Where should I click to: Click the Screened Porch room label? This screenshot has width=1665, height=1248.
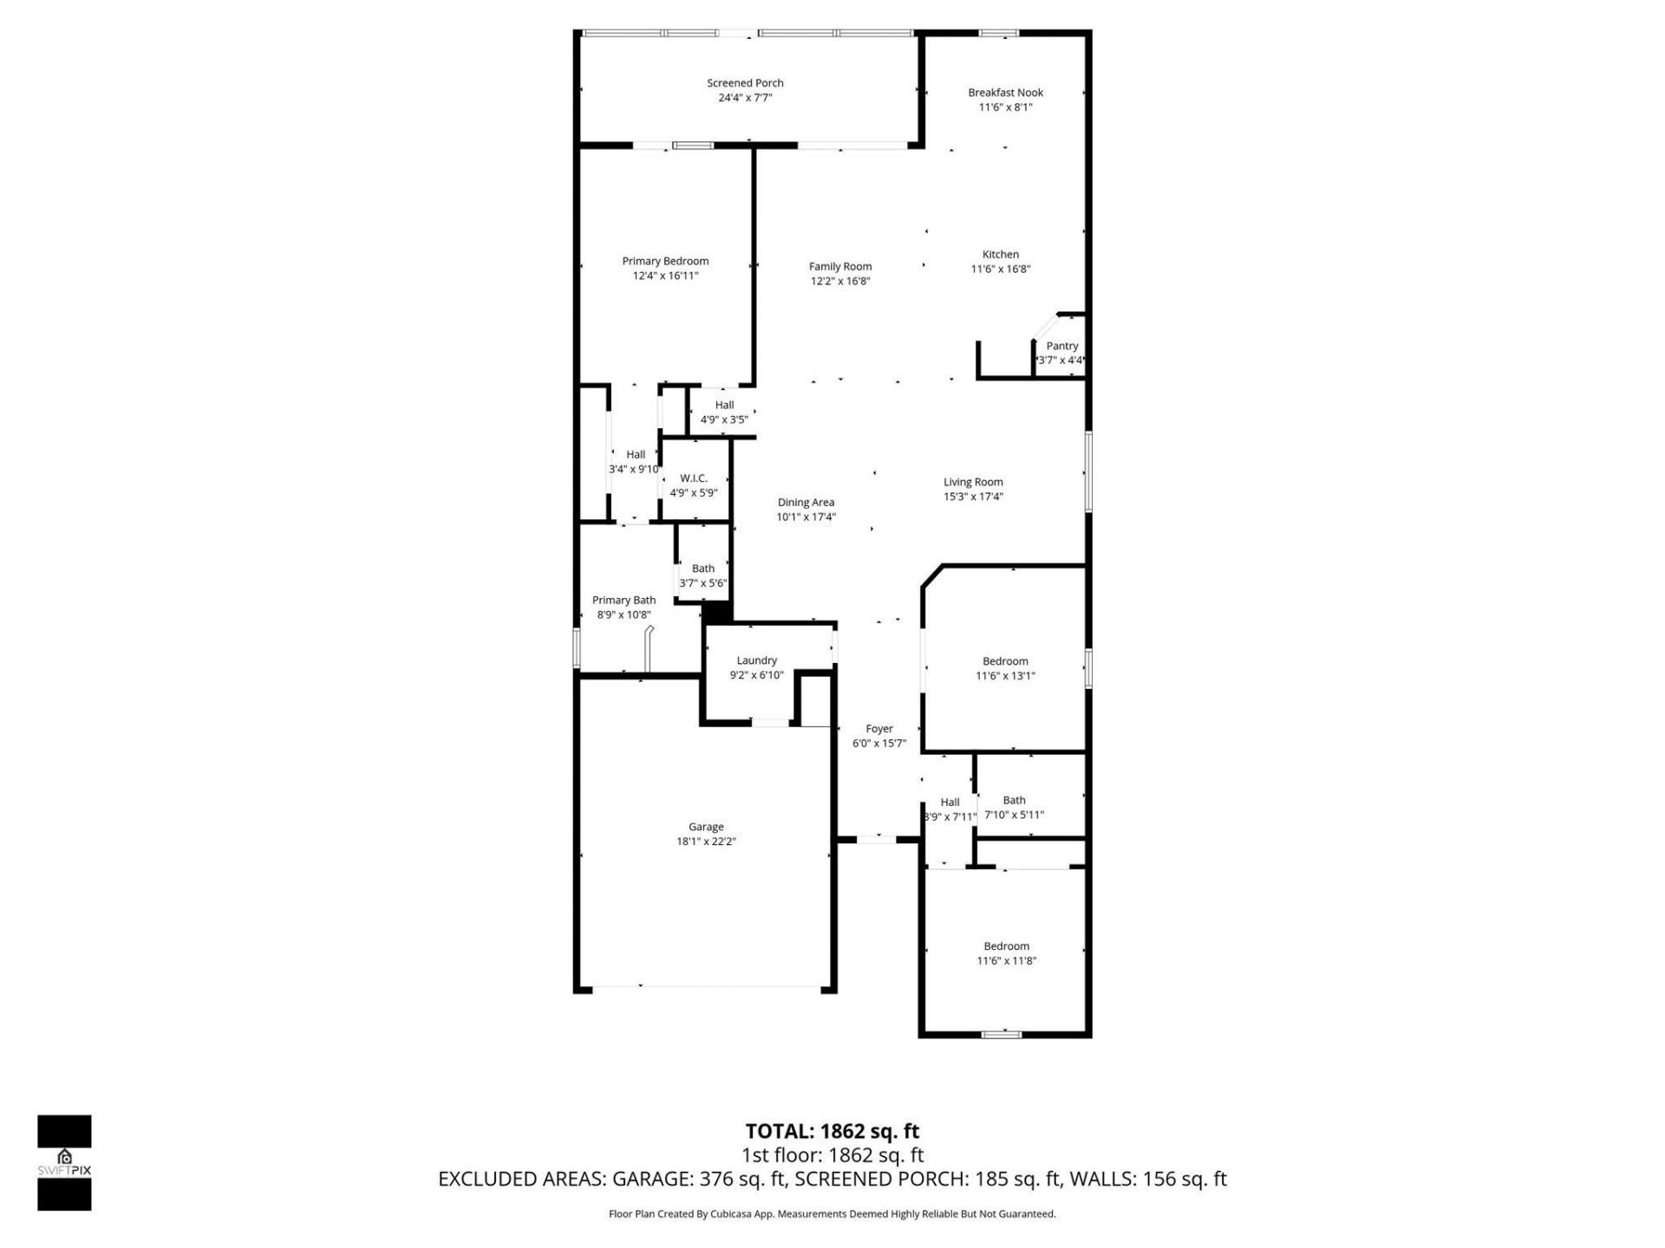[x=745, y=83]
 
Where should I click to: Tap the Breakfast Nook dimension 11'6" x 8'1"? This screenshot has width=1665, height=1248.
[x=1005, y=107]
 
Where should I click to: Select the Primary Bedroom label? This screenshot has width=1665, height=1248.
[x=665, y=261]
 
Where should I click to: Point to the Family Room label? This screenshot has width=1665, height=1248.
[x=839, y=267]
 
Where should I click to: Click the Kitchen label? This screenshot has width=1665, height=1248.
[x=1000, y=255]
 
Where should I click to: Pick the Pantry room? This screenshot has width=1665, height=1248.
[x=1061, y=347]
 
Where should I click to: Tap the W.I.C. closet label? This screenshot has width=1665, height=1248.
[x=693, y=478]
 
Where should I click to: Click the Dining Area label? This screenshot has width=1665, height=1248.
[x=806, y=503]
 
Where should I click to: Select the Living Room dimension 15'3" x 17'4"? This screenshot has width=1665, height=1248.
[x=973, y=497]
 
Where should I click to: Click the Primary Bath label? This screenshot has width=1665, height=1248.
[x=624, y=601]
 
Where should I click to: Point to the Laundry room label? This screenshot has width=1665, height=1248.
[x=756, y=660]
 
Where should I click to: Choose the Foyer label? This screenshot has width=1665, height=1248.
[x=878, y=729]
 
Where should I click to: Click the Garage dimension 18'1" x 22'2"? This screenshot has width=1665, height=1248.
[x=706, y=842]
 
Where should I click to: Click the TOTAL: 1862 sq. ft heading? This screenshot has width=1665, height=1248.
[x=832, y=1131]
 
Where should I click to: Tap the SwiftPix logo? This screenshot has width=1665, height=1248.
[x=64, y=1162]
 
